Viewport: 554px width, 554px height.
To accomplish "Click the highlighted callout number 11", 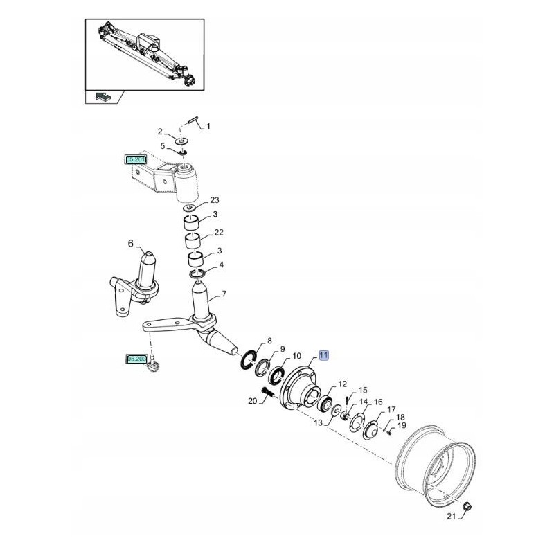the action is (324, 355).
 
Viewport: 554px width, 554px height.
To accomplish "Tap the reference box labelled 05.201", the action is (135, 160).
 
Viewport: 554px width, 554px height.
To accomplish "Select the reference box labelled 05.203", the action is (136, 359).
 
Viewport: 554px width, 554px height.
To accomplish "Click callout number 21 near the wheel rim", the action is (451, 517).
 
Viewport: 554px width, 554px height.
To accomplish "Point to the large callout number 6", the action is (129, 243).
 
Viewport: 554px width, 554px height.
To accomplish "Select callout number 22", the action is (219, 232).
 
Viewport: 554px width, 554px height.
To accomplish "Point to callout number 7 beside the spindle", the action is (224, 294).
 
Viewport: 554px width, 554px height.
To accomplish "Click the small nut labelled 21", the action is (467, 508).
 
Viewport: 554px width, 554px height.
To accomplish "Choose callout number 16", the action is (378, 402).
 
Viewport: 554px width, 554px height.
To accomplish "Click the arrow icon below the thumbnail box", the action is (102, 96).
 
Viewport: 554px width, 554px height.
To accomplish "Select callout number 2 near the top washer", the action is (160, 131).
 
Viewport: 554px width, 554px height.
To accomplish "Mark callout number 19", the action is (402, 425).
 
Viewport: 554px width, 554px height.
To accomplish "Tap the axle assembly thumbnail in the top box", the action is (145, 53).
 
